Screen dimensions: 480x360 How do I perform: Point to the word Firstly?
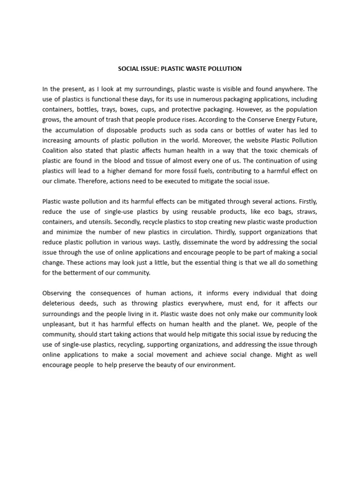pyautogui.click(x=306, y=202)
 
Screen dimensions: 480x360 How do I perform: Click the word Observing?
pyautogui.click(x=57, y=293)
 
